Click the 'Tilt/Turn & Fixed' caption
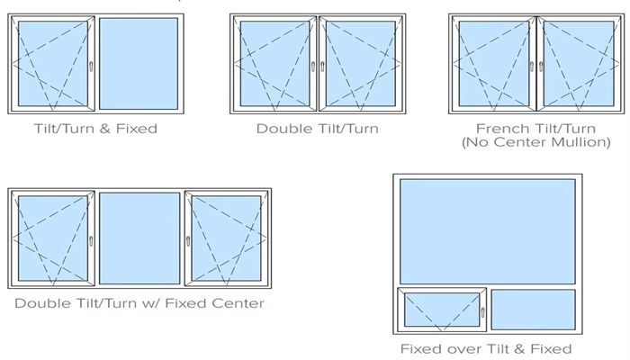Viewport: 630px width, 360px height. point(94,129)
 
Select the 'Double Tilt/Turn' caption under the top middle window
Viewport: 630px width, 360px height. point(317,129)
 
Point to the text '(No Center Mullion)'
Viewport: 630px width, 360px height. point(535,142)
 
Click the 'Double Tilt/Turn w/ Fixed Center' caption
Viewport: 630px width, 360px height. point(139,303)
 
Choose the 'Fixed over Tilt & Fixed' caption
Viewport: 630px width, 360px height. point(486,348)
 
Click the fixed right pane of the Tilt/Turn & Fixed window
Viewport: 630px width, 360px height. point(138,63)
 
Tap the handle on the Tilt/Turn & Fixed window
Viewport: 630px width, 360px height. point(91,65)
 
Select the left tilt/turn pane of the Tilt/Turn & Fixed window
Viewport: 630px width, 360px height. point(52,63)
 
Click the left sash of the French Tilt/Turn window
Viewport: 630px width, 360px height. point(492,63)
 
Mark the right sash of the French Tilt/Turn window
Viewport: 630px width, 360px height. point(576,63)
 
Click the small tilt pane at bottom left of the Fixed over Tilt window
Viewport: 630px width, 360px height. point(441,310)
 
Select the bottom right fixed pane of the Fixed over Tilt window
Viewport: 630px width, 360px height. point(533,310)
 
